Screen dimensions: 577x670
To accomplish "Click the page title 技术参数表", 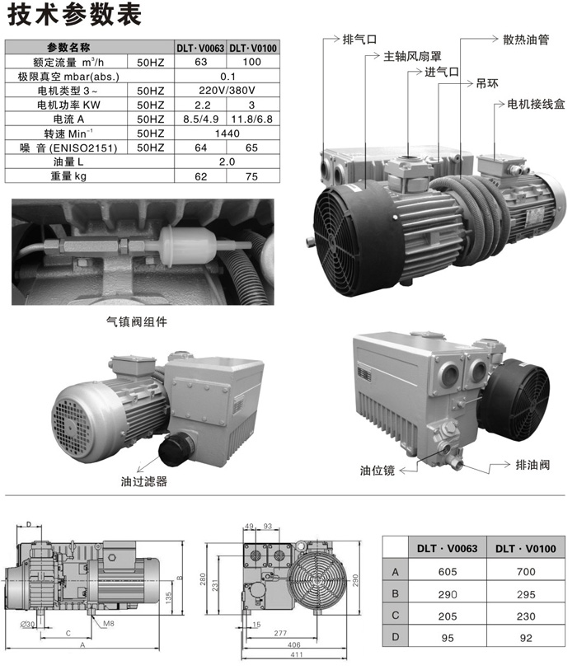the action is [74, 14].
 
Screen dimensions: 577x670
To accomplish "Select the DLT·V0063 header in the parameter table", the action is [200, 48].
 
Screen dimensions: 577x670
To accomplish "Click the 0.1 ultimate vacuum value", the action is [228, 77].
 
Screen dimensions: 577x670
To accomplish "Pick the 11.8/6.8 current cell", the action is [251, 119].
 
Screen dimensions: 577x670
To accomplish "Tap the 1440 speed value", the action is [227, 134].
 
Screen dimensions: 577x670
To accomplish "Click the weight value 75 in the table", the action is [251, 176].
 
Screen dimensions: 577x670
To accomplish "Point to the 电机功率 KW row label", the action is [68, 105].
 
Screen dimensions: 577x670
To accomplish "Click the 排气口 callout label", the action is [359, 40].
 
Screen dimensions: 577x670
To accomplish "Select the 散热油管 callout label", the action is [526, 40].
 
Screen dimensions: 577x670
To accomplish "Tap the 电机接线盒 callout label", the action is [536, 104].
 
